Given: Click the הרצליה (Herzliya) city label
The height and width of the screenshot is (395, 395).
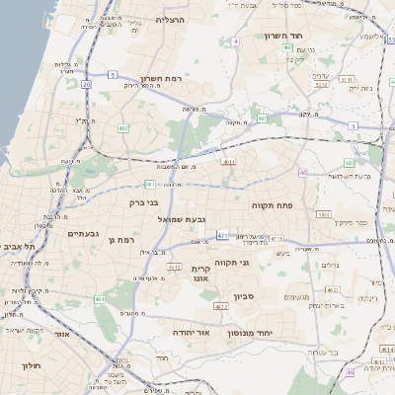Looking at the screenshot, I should (170, 20).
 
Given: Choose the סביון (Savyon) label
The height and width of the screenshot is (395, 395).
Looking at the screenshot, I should (245, 295).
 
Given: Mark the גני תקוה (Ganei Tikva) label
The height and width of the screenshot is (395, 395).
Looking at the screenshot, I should (258, 263).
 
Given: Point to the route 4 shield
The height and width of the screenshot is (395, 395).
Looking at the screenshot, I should (237, 41).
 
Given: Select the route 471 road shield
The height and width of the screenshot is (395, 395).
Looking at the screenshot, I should (223, 235).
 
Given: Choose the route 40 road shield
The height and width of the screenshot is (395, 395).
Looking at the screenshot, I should (303, 173).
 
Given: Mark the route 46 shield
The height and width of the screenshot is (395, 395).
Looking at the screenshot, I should (350, 372).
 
